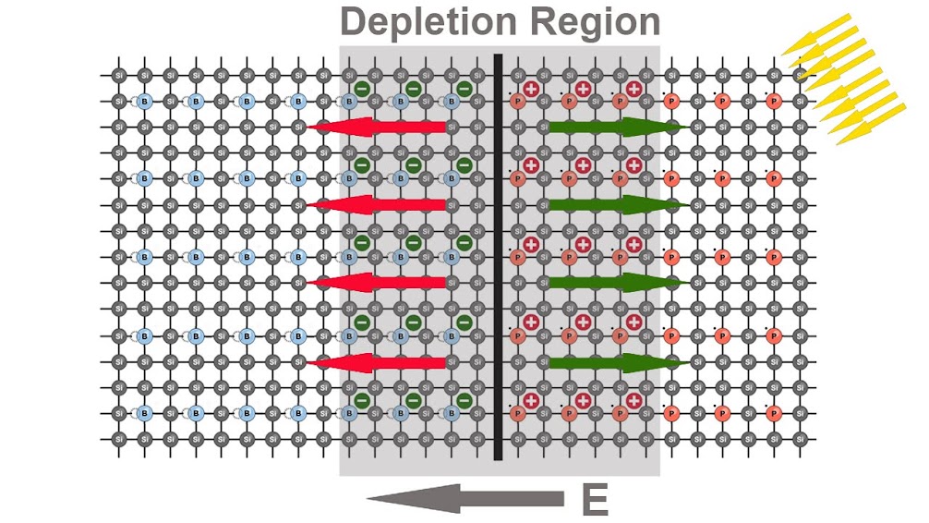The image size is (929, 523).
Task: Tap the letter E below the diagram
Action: [594, 500]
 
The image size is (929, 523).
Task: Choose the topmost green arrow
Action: [615, 127]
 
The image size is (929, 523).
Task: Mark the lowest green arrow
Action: [615, 363]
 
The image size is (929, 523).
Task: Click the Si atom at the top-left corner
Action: [118, 75]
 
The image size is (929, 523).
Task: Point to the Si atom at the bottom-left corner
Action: [118, 438]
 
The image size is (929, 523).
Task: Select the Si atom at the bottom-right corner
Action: [800, 438]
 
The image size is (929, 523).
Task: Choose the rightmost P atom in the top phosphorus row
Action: [774, 101]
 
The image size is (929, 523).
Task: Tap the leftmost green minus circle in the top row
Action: [362, 89]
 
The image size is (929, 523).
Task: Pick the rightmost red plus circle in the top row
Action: [633, 89]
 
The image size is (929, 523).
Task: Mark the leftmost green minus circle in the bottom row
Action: [362, 400]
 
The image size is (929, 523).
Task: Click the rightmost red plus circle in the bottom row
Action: [633, 400]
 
